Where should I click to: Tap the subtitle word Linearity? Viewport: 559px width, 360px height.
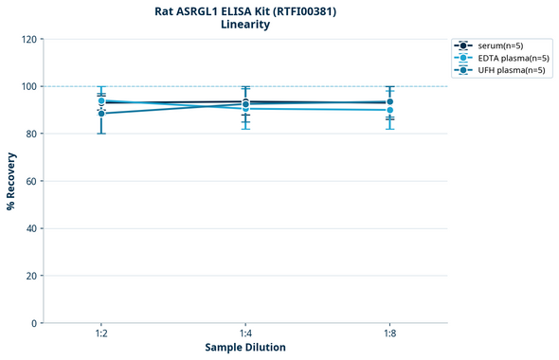[x=245, y=25]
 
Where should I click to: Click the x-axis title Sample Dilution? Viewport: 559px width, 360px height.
[x=245, y=348]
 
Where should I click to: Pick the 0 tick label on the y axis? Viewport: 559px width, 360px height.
[x=33, y=323]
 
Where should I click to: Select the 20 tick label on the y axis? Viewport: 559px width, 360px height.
[x=30, y=276]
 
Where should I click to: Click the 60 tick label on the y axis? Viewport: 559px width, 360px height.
[x=30, y=181]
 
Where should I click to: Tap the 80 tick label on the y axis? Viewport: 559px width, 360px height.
[x=30, y=134]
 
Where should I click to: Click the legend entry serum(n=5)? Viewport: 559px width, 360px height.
[x=498, y=45]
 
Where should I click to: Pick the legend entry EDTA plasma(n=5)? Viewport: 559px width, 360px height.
[x=511, y=58]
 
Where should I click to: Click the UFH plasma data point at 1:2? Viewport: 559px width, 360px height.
[x=101, y=114]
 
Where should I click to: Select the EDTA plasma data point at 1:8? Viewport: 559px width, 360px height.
[x=389, y=110]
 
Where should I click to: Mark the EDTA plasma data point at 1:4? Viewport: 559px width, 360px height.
[x=245, y=109]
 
